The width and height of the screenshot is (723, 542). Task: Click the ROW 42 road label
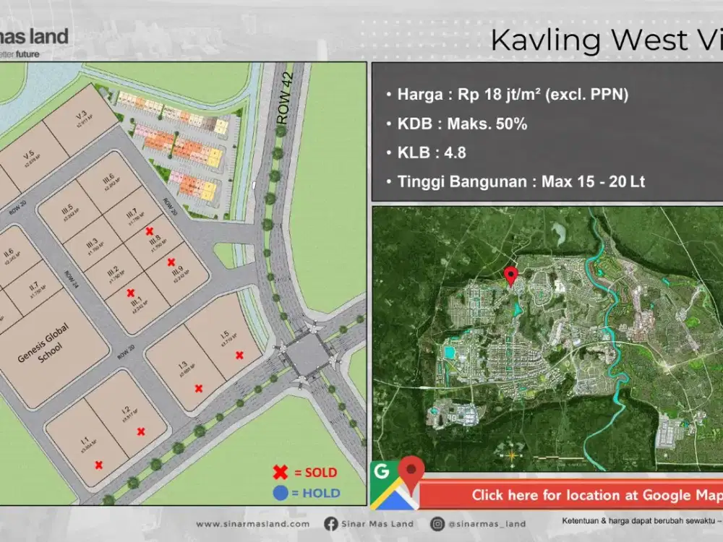click(283, 95)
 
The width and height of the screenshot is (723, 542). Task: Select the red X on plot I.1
click(99, 465)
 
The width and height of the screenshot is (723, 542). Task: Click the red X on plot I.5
click(239, 354)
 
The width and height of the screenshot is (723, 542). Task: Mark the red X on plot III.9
click(171, 262)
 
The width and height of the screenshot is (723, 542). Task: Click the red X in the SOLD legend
click(280, 473)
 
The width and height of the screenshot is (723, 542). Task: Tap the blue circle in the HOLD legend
click(281, 494)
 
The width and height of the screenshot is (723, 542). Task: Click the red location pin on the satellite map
click(510, 275)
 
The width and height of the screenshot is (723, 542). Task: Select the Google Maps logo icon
click(394, 485)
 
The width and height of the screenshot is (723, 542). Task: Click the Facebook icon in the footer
click(330, 523)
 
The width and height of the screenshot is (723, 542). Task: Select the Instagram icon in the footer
click(437, 523)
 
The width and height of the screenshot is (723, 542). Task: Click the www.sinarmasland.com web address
click(252, 524)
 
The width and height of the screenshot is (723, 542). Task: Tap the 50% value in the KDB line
click(510, 124)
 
